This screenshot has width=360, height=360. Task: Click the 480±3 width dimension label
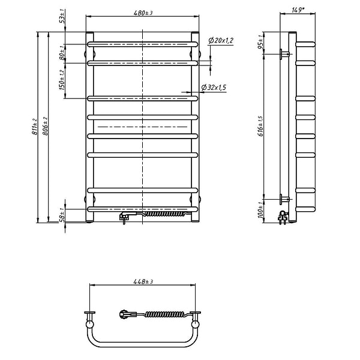point(143,13)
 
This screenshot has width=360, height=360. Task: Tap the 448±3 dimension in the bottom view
point(143,281)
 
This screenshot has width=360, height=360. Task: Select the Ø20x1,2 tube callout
point(221,40)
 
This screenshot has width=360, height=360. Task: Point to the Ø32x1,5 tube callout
point(214,88)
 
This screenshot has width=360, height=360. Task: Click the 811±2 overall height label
point(36,126)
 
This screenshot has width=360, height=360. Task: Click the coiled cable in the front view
point(163,212)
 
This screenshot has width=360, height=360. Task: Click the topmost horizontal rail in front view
point(143,44)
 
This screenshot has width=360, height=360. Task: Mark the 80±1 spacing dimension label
point(62,52)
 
